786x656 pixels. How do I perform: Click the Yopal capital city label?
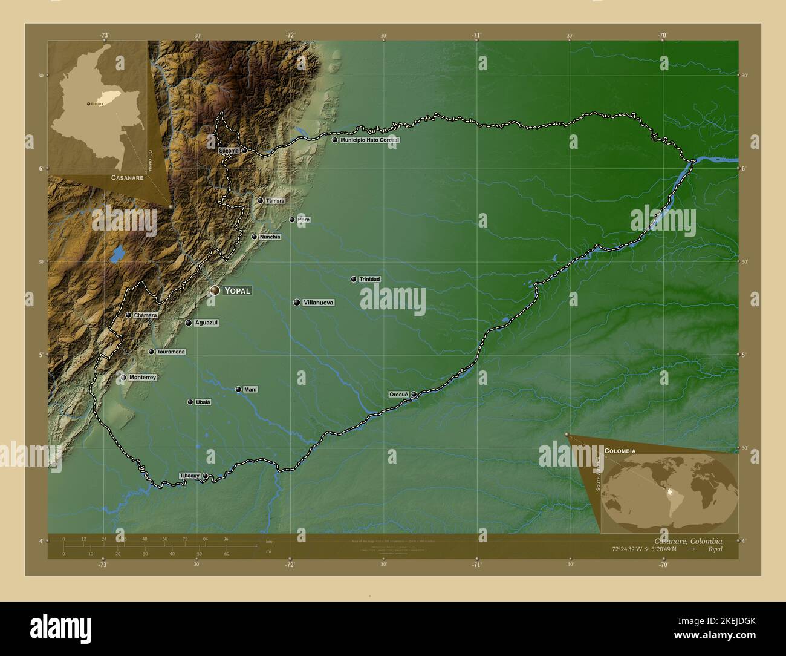236,290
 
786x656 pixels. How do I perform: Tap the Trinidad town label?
369,280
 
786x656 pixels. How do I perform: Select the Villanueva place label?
318,303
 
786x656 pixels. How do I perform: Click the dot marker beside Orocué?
414,395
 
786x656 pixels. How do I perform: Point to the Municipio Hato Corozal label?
369,140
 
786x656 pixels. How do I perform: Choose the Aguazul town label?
206,323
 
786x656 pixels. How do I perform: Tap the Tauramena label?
171,352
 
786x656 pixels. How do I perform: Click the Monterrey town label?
143,378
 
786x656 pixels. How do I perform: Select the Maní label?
250,390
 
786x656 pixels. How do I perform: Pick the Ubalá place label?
203,402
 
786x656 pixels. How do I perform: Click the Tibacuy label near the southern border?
189,476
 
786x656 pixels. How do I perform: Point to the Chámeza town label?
146,315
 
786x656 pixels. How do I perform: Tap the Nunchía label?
270,237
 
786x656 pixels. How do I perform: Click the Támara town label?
275,201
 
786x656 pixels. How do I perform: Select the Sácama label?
229,149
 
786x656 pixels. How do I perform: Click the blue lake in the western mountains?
117,254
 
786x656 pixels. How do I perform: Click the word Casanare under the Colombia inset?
127,178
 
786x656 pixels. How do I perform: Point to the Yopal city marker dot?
215,290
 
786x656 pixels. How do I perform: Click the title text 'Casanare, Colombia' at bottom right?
688,541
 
